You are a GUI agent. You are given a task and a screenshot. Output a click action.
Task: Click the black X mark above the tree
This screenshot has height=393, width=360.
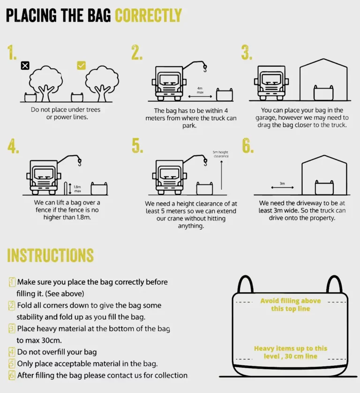pos(25,66)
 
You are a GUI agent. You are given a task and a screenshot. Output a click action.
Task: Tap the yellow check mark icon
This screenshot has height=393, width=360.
pos(81,65)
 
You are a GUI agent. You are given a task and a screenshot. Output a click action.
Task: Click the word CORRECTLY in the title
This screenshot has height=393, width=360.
pos(148,15)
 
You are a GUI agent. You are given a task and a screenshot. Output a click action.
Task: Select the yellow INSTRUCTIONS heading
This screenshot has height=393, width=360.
pos(50,256)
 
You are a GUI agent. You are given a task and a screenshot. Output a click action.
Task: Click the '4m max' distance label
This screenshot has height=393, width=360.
pos(200,90)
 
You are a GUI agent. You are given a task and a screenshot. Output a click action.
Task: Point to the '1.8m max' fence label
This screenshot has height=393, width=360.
pos(77,189)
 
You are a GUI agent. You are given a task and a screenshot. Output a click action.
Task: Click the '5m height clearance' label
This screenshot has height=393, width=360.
pos(221,154)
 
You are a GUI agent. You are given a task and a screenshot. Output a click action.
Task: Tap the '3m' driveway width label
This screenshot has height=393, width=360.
pos(282,183)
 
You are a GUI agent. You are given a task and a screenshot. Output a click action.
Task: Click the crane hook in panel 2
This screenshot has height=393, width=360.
pos(205,68)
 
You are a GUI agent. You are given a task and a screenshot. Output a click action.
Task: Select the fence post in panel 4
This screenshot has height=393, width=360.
pos(66,188)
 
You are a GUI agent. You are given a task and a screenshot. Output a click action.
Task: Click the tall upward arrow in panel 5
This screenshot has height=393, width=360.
pos(221,175)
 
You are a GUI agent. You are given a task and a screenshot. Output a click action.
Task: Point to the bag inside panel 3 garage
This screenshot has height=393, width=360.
pos(323,93)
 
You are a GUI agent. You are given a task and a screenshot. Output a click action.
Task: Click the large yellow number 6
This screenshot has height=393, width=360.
pos(248,146)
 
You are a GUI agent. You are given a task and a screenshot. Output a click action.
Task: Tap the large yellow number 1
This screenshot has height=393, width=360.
pos(12,53)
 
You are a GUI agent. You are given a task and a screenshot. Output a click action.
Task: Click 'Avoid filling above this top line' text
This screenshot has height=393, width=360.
pos(291,304)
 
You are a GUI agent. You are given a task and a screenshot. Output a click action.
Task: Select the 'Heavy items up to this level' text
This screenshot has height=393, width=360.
pos(291,352)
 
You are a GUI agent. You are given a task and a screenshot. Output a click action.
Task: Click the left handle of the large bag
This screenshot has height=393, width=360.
pos(245,284)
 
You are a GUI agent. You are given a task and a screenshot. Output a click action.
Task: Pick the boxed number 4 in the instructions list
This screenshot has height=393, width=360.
pos(12,352)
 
